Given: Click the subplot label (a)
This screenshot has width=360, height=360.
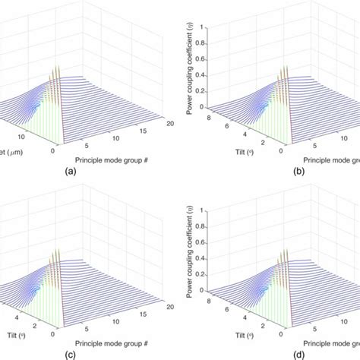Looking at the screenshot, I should pyautogui.click(x=71, y=172).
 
